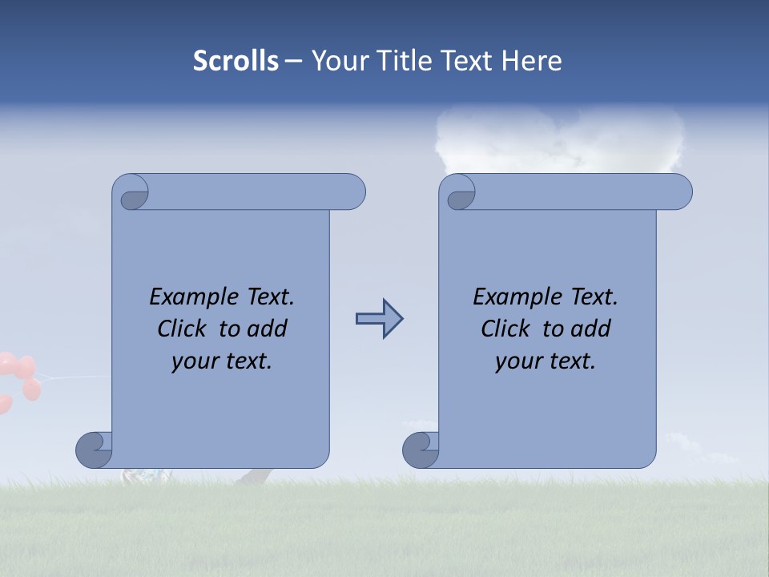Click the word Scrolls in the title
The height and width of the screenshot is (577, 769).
236,60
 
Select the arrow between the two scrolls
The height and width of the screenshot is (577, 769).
379,319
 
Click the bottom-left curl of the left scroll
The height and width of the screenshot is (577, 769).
95,450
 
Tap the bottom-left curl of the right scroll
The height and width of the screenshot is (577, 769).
421,450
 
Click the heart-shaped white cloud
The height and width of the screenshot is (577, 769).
560,140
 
